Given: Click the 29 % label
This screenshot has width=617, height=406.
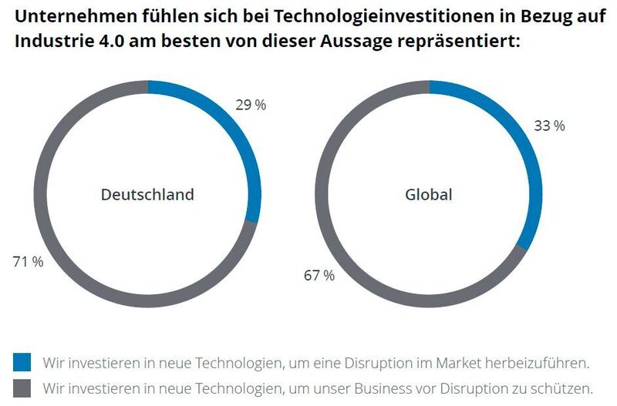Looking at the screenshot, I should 251,106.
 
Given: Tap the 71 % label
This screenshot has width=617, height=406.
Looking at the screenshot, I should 28,262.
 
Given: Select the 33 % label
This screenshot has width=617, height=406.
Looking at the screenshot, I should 549,126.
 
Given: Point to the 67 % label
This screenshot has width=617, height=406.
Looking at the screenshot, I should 319,275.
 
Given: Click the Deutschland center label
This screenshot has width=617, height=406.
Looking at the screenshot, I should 147,195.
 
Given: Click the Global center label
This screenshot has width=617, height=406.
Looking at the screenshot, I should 429,195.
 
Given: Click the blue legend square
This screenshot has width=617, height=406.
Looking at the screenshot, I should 22,362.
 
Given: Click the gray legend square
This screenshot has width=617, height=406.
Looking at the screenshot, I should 22,388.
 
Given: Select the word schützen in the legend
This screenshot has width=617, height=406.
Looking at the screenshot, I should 563,388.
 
